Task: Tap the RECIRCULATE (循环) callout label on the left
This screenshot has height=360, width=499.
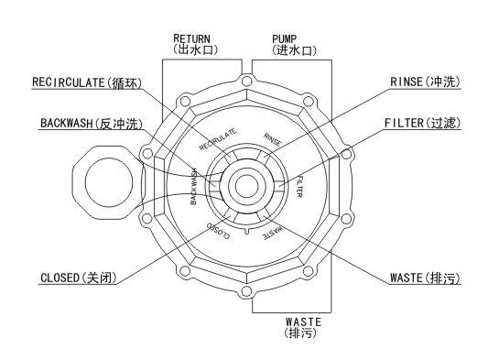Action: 87,82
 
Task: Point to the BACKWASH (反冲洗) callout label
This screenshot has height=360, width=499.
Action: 92,123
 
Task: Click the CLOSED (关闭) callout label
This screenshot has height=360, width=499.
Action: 79,278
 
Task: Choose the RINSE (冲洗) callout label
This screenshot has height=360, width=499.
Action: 425,82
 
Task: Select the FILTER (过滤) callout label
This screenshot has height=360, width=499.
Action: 422,123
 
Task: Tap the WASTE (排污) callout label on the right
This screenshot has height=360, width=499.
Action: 425,278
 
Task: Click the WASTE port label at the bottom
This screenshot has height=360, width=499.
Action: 303,328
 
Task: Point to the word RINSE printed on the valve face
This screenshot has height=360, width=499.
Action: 273,139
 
